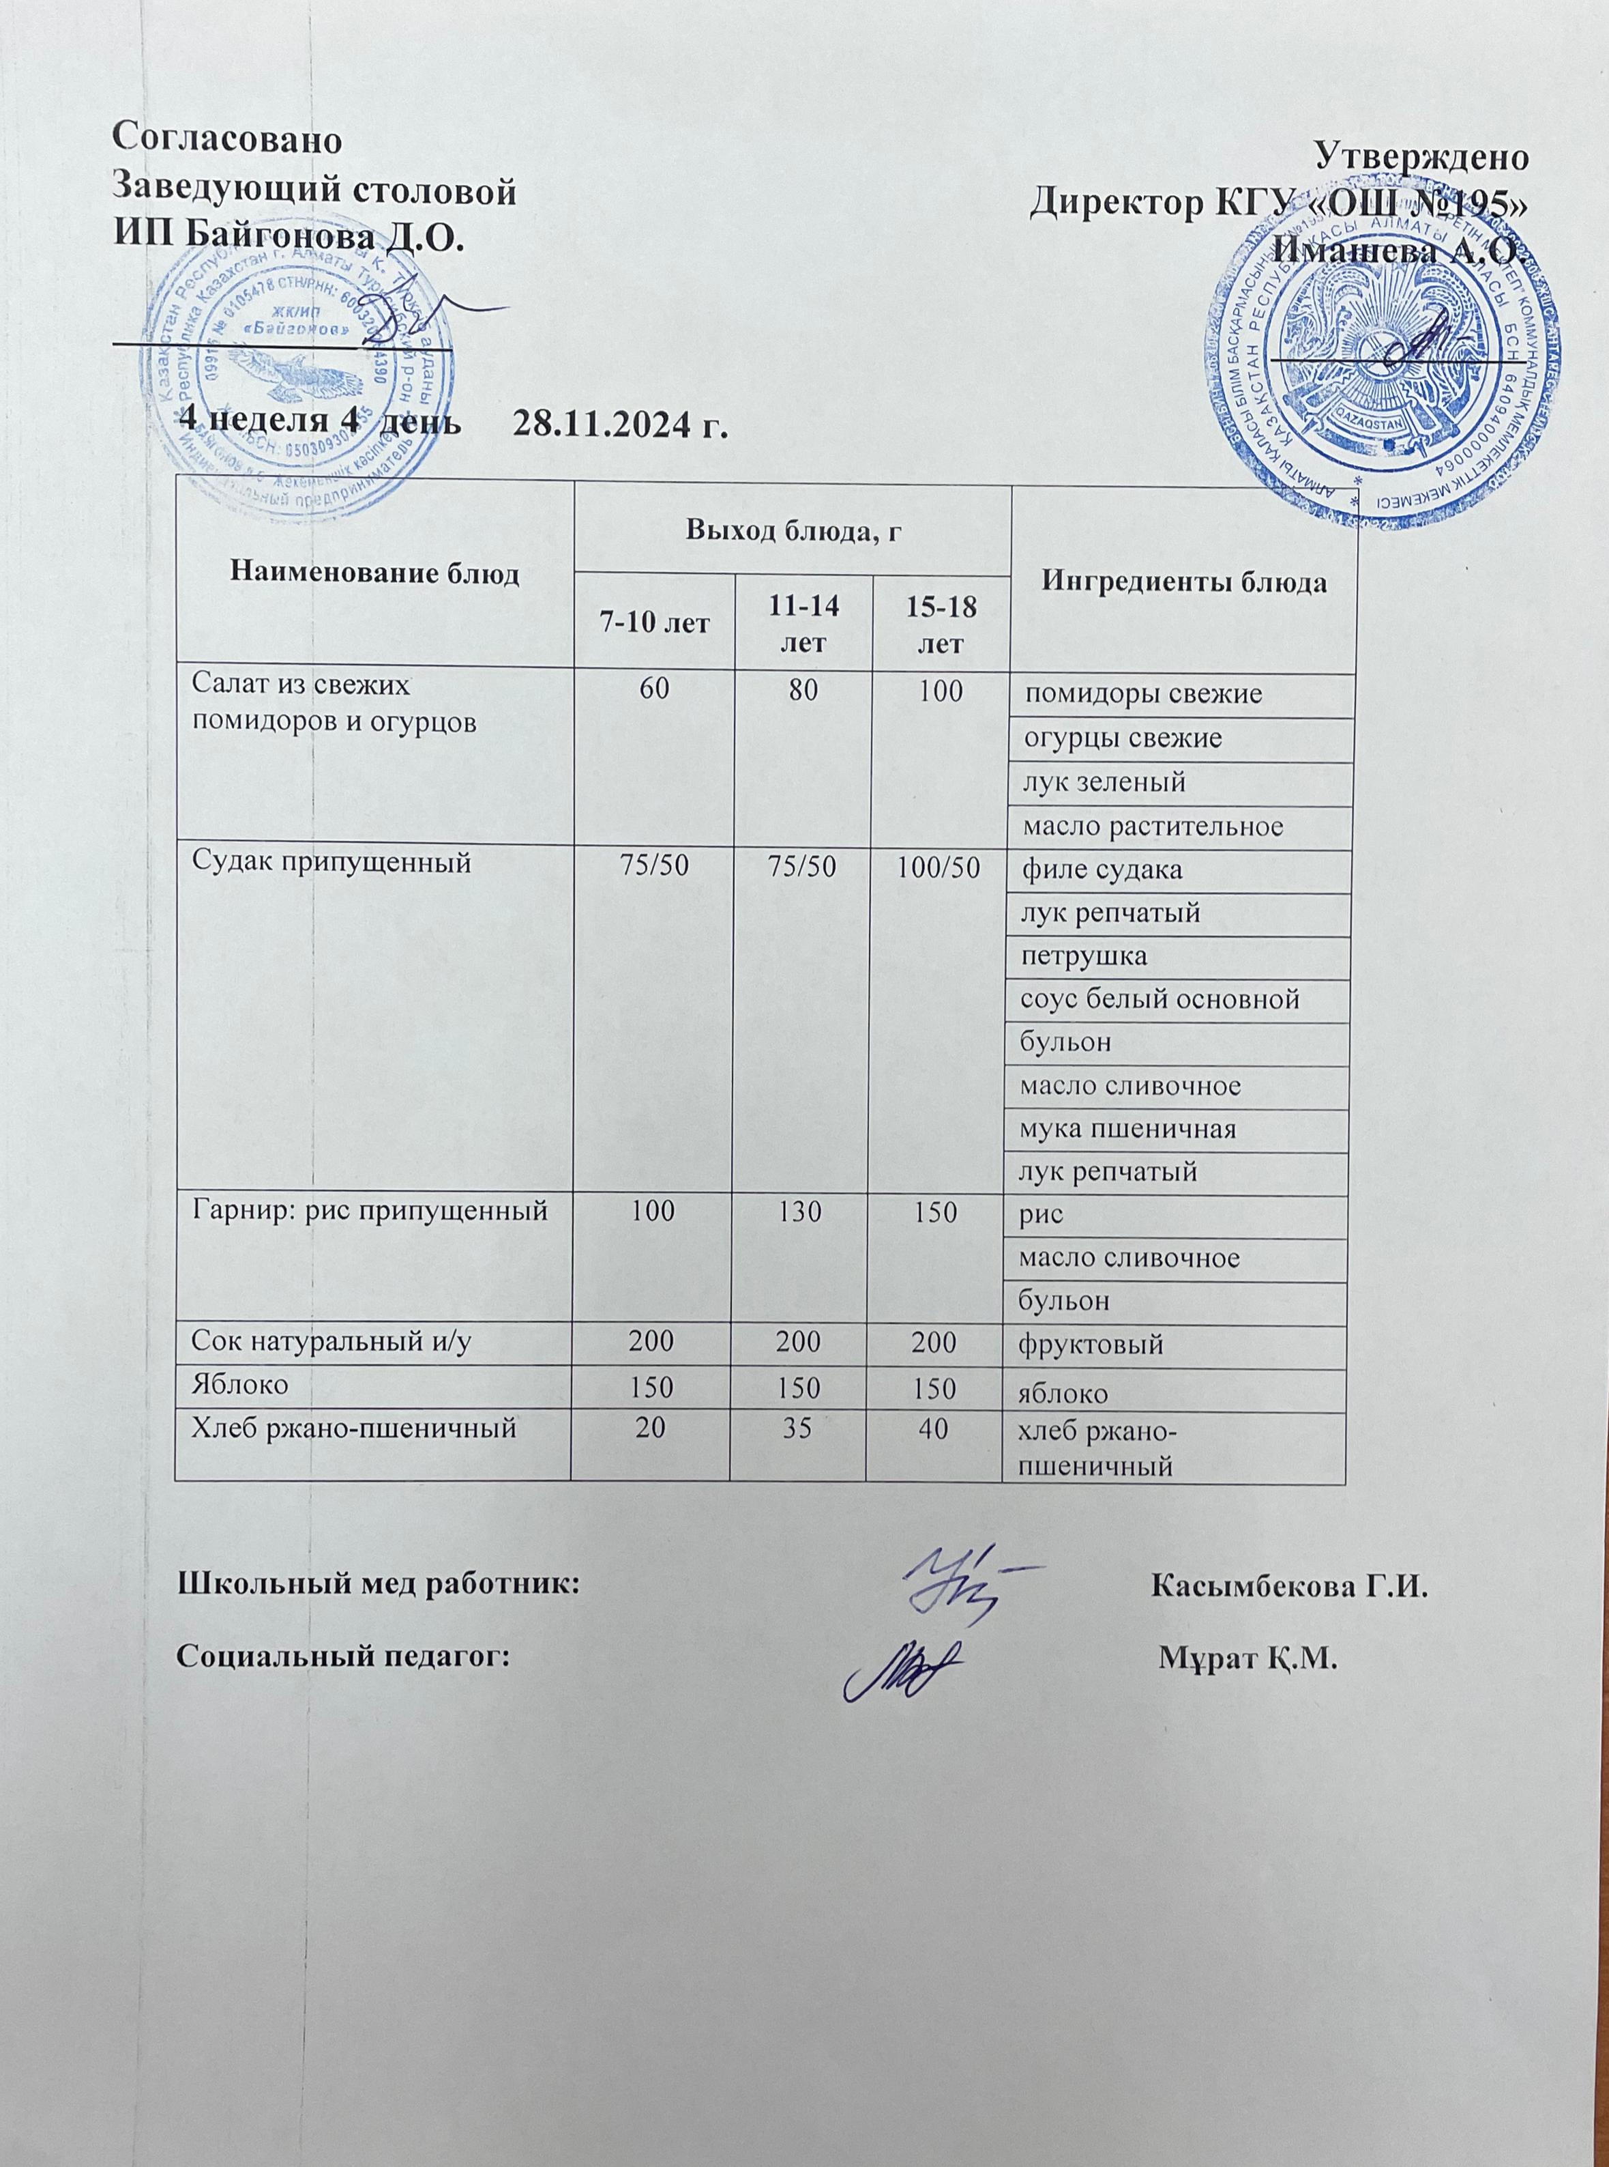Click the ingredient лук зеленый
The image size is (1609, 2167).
tap(1102, 781)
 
